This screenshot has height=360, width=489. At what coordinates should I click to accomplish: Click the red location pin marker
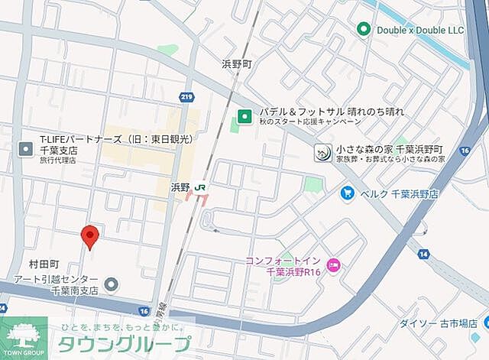90,237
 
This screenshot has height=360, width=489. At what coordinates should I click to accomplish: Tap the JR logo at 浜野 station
200,186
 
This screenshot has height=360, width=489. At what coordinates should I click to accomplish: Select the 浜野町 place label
236,65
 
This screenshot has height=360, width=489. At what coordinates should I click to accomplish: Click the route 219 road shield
187,96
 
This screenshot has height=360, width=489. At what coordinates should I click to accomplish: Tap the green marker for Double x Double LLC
364,29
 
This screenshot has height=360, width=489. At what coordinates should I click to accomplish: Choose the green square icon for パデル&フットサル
244,116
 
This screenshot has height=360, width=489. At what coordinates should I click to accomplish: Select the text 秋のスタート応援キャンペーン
309,122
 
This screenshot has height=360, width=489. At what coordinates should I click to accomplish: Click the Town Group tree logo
24,336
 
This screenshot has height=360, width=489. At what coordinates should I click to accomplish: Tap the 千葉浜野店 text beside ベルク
414,193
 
